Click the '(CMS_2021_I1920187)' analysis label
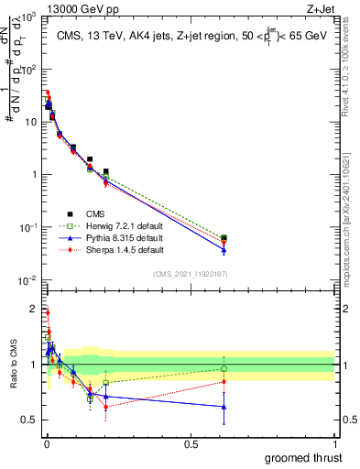point(191,274)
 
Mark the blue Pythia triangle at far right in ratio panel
point(224,407)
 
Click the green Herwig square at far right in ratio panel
point(224,369)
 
